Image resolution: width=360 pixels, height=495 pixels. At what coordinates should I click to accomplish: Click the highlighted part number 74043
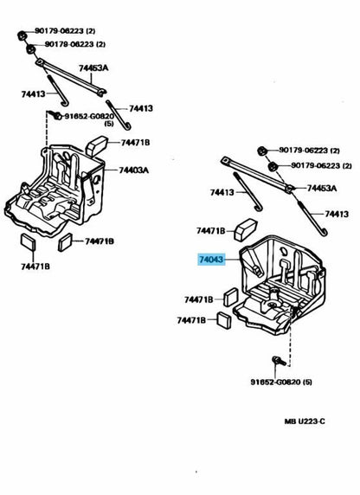click(211, 260)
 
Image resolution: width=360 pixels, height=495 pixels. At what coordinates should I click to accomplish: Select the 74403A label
click(133, 170)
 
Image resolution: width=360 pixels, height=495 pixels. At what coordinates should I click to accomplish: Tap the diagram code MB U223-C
click(305, 421)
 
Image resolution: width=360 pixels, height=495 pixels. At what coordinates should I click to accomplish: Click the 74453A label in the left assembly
click(93, 67)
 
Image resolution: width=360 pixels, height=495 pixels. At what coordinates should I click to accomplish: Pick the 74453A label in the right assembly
click(322, 189)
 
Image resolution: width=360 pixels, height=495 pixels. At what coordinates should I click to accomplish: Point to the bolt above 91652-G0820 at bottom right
click(279, 361)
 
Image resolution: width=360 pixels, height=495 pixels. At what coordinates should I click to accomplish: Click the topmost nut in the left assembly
click(21, 35)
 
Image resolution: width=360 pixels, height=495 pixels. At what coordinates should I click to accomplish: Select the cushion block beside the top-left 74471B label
click(96, 145)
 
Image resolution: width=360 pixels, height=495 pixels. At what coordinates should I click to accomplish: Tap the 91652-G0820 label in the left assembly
click(89, 116)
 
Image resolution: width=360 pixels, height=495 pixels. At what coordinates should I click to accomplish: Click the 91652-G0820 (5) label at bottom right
click(281, 382)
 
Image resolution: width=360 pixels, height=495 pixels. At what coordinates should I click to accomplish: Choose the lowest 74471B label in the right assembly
click(191, 320)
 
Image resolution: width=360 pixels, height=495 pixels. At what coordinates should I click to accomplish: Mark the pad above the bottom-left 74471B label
click(28, 242)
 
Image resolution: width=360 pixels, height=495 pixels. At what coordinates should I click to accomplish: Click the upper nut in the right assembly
click(262, 151)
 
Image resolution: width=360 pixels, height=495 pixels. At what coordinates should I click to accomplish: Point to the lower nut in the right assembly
click(272, 166)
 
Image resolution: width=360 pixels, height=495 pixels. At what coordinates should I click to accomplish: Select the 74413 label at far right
click(337, 214)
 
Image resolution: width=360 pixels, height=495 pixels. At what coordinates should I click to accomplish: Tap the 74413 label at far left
click(33, 93)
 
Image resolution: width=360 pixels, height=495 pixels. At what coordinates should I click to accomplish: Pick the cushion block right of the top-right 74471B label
click(246, 229)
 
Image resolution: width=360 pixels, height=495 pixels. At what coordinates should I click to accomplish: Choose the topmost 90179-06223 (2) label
click(65, 31)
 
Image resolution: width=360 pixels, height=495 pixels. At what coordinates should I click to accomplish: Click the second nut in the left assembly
click(30, 49)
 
